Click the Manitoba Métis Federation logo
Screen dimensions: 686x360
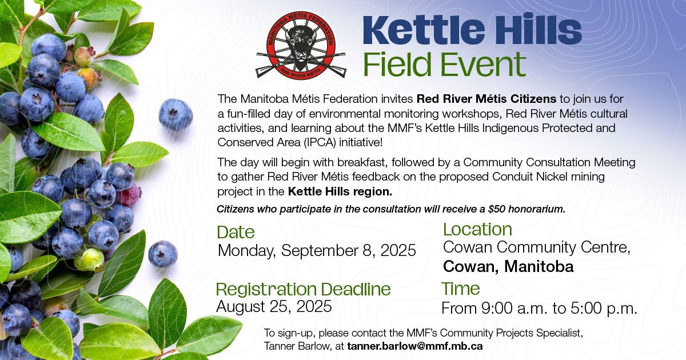coord(301,45)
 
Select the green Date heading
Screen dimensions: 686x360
coord(236,233)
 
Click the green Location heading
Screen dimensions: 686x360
coord(477,229)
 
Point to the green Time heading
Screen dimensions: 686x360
coord(460,289)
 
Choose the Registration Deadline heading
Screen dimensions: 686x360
coord(303,289)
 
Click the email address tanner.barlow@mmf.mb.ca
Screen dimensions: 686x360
coord(415,346)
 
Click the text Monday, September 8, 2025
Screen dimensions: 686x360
coord(317,251)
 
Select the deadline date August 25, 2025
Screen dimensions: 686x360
coord(274,306)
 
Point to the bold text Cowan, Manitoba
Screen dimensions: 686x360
coord(508,266)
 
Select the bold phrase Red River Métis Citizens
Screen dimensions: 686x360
coord(486,99)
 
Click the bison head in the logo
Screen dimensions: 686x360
coord(301,44)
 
